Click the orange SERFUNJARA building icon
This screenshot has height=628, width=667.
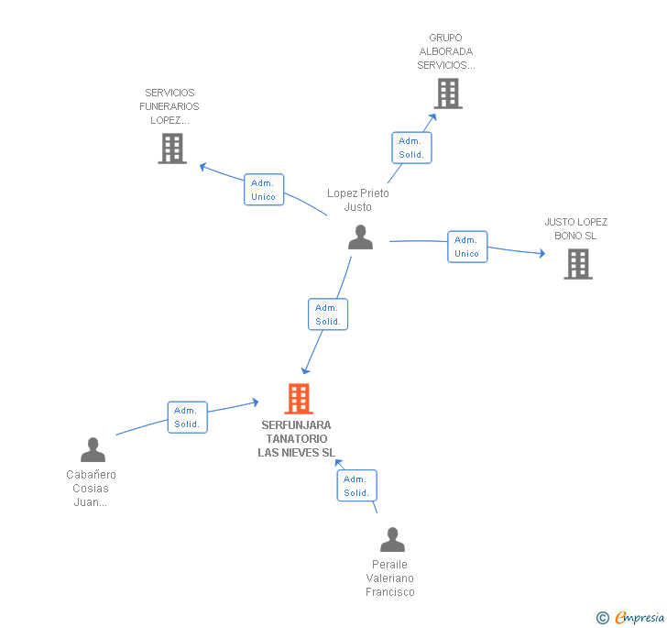(299, 399)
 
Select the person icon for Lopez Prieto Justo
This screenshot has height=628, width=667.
(360, 237)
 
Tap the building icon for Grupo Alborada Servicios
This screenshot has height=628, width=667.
(447, 93)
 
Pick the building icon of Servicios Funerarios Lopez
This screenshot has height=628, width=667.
(172, 148)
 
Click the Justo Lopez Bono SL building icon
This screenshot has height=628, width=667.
(577, 263)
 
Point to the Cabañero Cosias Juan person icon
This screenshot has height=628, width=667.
(93, 449)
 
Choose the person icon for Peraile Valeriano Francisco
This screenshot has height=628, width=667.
(392, 540)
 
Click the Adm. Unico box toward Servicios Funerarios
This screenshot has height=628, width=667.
(264, 190)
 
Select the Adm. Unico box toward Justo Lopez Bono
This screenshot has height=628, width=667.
(467, 247)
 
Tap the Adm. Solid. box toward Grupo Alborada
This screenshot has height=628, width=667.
(411, 148)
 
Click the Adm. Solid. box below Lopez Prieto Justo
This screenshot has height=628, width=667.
(328, 314)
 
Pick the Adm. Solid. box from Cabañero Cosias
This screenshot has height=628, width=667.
(187, 417)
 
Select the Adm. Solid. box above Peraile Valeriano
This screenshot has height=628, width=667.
(356, 486)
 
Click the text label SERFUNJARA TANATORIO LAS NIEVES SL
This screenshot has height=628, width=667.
(296, 439)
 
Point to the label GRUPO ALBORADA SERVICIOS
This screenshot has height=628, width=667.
(446, 52)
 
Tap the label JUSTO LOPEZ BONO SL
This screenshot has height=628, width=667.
(576, 228)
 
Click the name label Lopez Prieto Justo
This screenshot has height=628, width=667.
(358, 200)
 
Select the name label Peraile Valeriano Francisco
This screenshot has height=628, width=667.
(390, 578)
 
